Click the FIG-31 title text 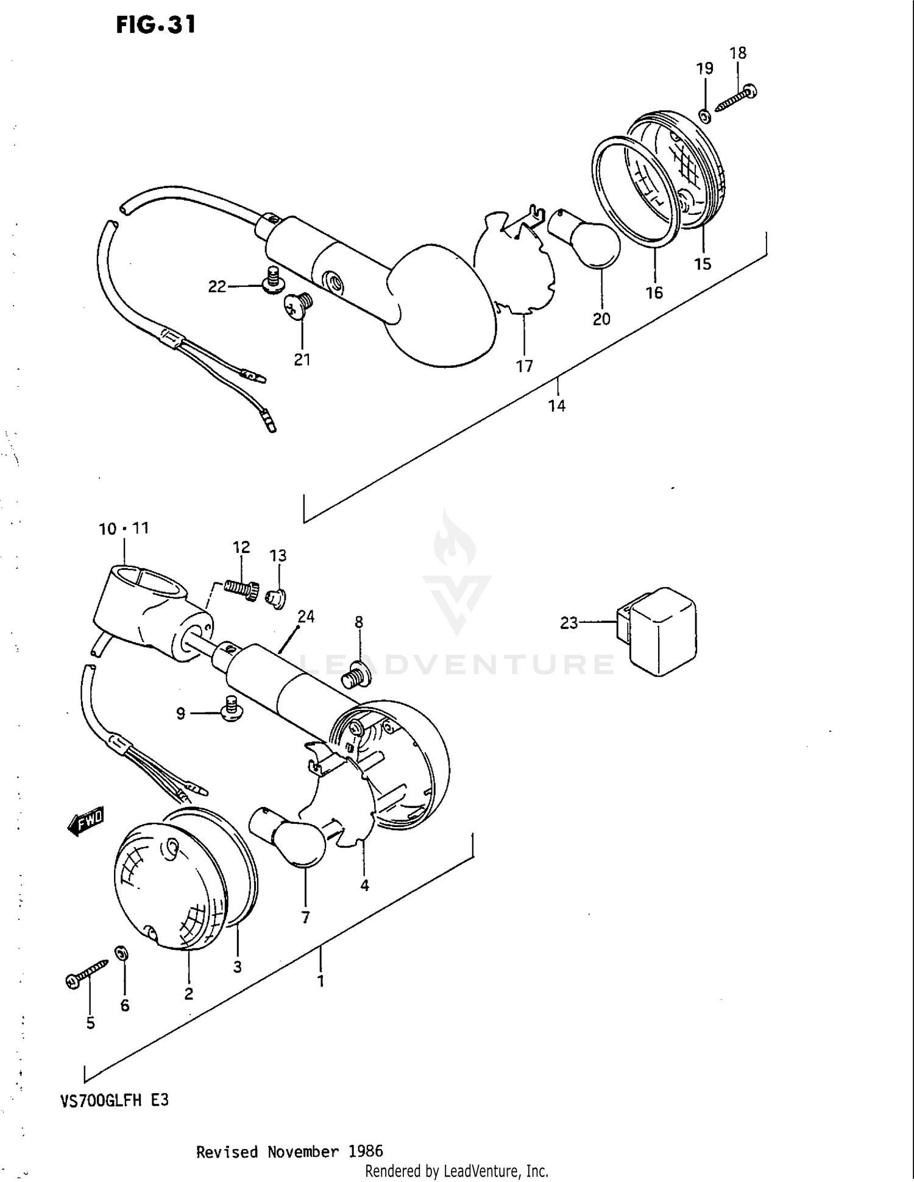pyautogui.click(x=156, y=26)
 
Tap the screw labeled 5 pyautogui.click(x=85, y=973)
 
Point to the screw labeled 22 pyautogui.click(x=274, y=281)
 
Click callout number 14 pyautogui.click(x=556, y=406)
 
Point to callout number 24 pyautogui.click(x=306, y=616)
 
